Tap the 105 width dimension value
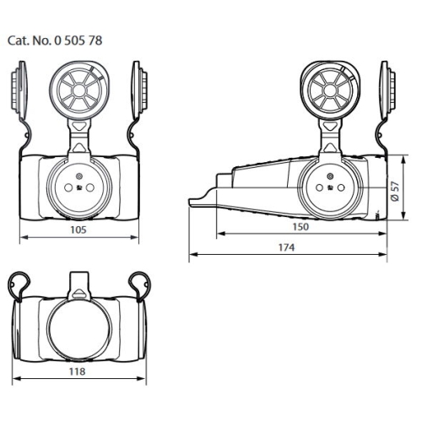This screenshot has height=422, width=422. [78, 228]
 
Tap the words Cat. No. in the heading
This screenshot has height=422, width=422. [30, 40]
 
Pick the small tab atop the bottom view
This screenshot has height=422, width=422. [78, 280]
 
